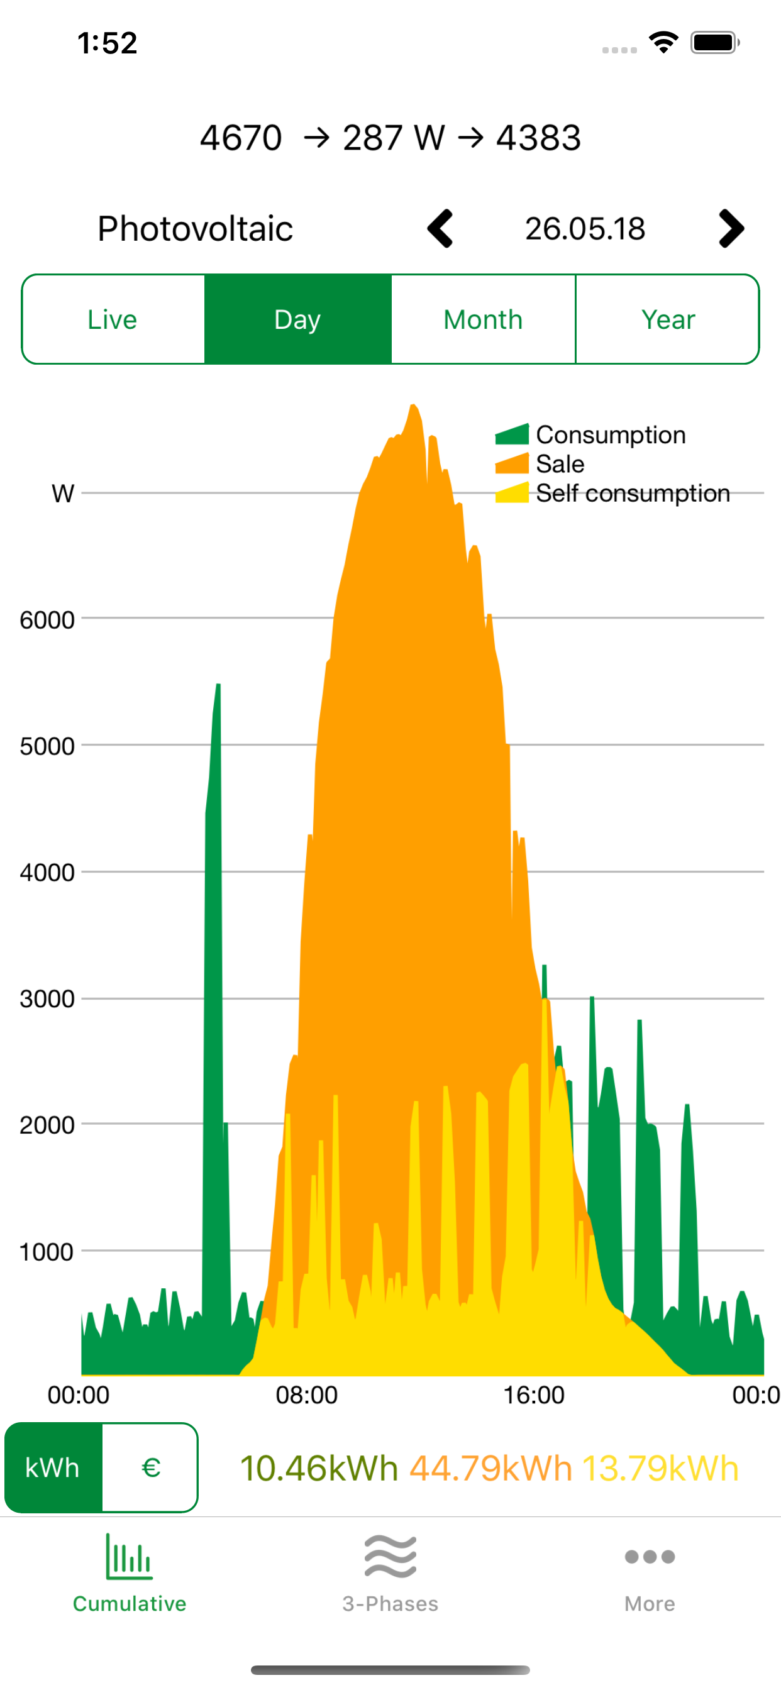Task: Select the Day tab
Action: pyautogui.click(x=297, y=319)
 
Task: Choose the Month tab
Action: pyautogui.click(x=483, y=319)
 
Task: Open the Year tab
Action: pyautogui.click(x=667, y=319)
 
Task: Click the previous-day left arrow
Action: pyautogui.click(x=440, y=228)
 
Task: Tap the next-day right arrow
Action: pyautogui.click(x=731, y=228)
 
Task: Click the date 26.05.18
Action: pyautogui.click(x=585, y=228)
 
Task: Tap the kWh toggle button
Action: pyautogui.click(x=52, y=1467)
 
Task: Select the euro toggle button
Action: pyautogui.click(x=151, y=1467)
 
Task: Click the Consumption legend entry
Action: pyautogui.click(x=610, y=435)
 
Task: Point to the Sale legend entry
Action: pyautogui.click(x=559, y=464)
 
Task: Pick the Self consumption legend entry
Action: pyautogui.click(x=632, y=494)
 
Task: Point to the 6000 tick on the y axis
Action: pyautogui.click(x=47, y=620)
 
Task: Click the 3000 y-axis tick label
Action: pyautogui.click(x=47, y=999)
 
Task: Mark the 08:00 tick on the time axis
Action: pyautogui.click(x=306, y=1395)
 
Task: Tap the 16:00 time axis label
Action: pyautogui.click(x=534, y=1395)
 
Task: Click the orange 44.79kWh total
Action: pyautogui.click(x=490, y=1468)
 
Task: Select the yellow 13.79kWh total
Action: pyautogui.click(x=660, y=1468)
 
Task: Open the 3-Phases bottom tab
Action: pyautogui.click(x=390, y=1574)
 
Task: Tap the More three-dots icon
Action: pyautogui.click(x=650, y=1557)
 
